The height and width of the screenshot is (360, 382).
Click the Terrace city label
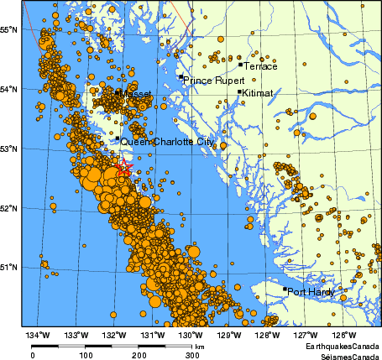click(259, 65)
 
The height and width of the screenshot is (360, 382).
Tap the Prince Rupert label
click(210, 81)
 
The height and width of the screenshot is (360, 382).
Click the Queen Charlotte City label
click(167, 142)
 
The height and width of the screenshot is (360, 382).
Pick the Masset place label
click(135, 94)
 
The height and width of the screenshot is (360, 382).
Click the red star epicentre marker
click(124, 168)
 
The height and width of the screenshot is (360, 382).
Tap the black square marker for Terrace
click(240, 64)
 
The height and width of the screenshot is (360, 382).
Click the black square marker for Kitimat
click(239, 92)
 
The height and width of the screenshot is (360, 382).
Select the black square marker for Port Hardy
click(285, 290)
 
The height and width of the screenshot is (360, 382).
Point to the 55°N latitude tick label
click(9, 29)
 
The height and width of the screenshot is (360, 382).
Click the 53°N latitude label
click(9, 149)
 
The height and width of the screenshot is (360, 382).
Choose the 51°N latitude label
click(9, 267)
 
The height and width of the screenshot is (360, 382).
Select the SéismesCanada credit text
click(345, 356)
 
